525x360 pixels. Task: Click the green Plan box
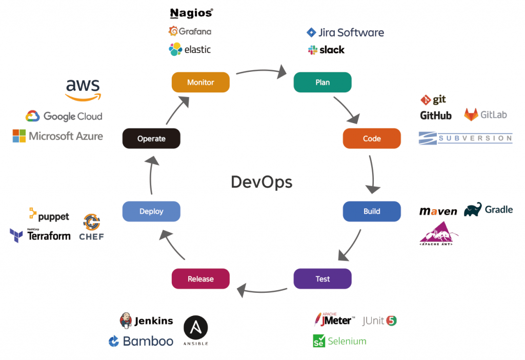[322, 82]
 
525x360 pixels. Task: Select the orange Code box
[372, 138]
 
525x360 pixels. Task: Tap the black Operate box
[151, 138]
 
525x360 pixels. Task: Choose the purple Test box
[322, 279]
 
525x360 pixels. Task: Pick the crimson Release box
[200, 279]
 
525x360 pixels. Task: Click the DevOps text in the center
[261, 182]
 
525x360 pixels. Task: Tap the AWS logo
[84, 90]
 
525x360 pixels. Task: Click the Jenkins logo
[146, 321]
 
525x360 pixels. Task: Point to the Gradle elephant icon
[473, 209]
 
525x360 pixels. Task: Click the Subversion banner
[465, 137]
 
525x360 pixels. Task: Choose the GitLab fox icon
[471, 114]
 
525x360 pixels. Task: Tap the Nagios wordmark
[191, 13]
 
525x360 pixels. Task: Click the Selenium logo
[339, 341]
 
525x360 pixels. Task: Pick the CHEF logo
[92, 228]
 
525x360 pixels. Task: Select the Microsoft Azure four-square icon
[19, 136]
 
